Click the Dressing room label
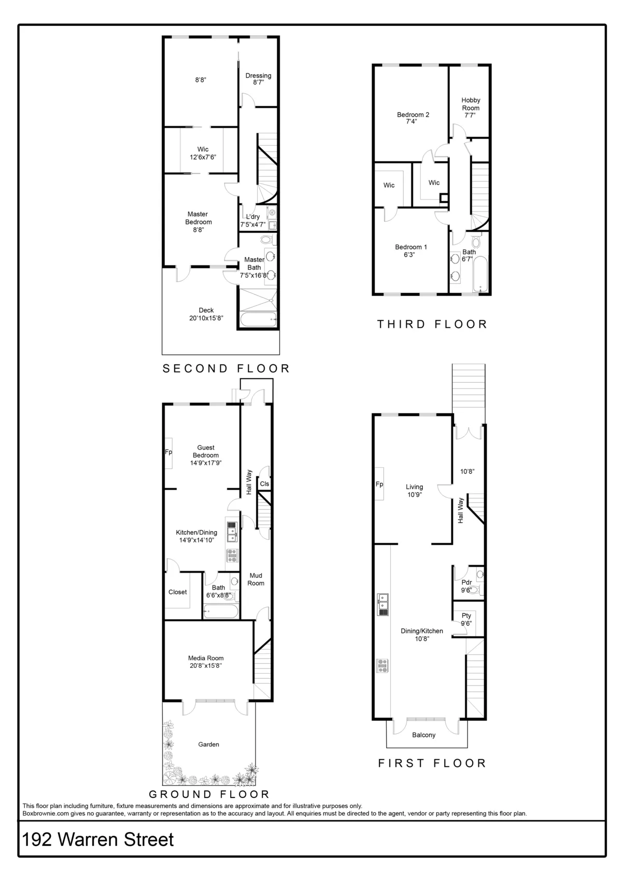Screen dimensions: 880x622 click(258, 76)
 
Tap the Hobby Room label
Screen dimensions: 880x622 click(471, 104)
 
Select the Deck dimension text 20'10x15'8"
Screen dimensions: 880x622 click(206, 318)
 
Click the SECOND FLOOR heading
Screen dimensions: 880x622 click(226, 369)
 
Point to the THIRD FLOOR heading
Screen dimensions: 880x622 click(432, 325)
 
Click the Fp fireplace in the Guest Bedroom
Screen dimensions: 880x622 click(168, 452)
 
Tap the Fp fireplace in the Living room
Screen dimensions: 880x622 click(379, 484)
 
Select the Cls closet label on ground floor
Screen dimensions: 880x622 click(264, 484)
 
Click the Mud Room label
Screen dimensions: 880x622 click(256, 579)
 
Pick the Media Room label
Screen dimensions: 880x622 click(206, 658)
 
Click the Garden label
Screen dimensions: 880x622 click(208, 744)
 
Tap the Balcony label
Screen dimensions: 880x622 click(423, 735)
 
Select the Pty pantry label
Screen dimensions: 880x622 click(466, 616)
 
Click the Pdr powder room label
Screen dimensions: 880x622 click(466, 582)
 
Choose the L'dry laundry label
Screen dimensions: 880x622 click(252, 217)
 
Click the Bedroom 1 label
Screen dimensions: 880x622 click(411, 247)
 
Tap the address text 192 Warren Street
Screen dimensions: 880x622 click(98, 840)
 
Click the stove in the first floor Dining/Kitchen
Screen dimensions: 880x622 click(383, 665)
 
